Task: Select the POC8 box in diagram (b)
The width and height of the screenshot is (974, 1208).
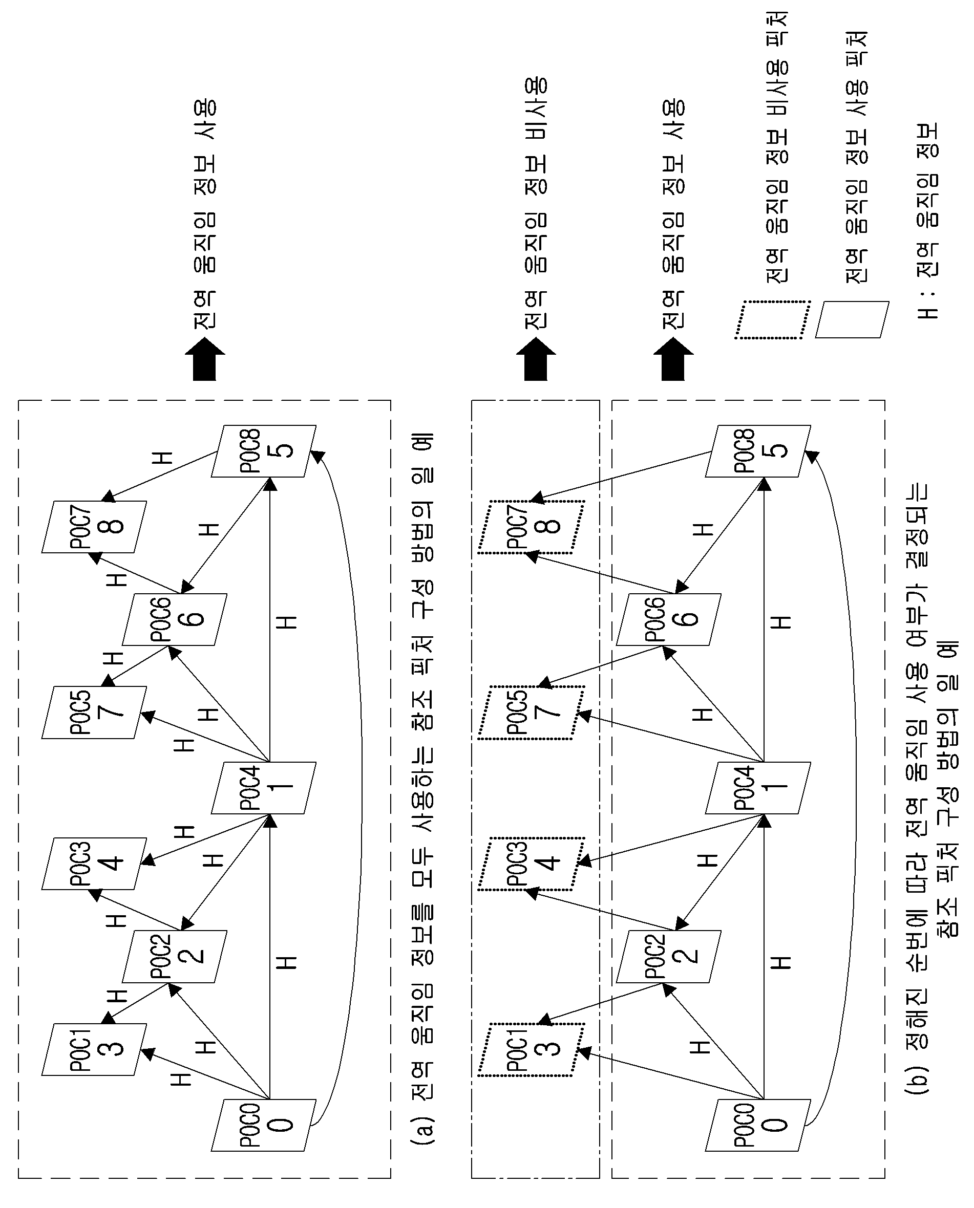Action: point(758,451)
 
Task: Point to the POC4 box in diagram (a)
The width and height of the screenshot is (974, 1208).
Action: point(264,787)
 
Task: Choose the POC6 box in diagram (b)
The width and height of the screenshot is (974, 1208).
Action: point(668,619)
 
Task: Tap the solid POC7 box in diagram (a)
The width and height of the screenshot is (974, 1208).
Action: point(94,527)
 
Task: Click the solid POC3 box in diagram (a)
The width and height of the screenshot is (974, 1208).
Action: point(94,864)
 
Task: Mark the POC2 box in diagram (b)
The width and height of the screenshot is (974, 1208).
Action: point(668,956)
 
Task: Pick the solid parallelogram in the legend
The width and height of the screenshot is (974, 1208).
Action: point(852,320)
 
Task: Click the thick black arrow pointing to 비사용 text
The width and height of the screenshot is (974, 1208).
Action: point(536,359)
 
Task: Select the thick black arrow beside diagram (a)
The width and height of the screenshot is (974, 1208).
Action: point(205,359)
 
